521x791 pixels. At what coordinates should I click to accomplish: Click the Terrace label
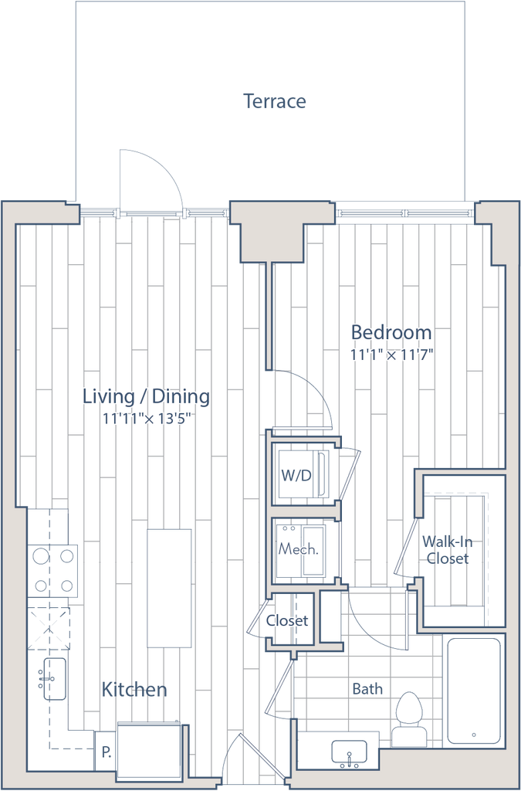click(276, 101)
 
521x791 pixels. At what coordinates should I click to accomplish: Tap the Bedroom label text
click(391, 332)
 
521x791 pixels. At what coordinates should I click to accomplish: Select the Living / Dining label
click(146, 397)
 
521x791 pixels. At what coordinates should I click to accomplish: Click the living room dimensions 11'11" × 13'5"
click(146, 419)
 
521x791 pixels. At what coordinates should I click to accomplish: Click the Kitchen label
click(136, 689)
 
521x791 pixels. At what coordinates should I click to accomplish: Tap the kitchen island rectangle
click(169, 587)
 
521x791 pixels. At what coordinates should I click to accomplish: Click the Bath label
click(368, 689)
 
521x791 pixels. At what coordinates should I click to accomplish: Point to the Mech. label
click(299, 551)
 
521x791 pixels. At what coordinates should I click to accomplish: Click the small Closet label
click(287, 620)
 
